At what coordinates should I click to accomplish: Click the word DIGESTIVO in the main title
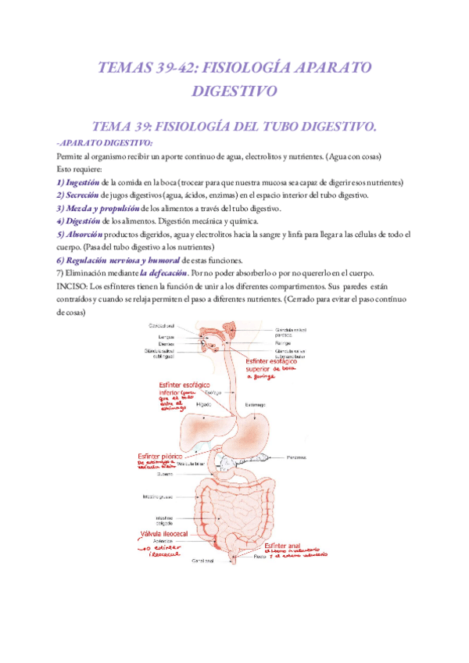click(234, 91)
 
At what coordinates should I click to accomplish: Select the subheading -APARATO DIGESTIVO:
click(106, 142)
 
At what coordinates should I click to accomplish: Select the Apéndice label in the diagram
click(163, 540)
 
